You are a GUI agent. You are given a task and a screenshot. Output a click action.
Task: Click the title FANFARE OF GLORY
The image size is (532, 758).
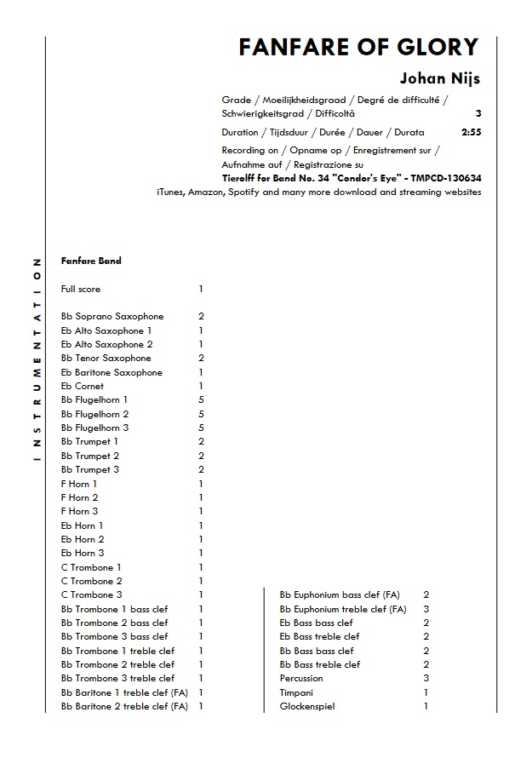pos(358,47)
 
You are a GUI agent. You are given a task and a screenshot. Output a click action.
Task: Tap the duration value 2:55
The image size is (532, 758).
pos(471,133)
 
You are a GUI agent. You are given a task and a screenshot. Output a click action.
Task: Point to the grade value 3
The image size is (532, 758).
pos(478,113)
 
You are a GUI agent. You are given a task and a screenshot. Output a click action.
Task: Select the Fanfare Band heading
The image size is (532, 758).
pos(91,261)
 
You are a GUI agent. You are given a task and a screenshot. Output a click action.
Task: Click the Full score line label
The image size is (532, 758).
pos(81,290)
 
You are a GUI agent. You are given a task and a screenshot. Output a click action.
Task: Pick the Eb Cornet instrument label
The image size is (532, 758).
pos(83,386)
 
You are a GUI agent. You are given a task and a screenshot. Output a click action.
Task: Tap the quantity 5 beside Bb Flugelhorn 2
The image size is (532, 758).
pos(201,414)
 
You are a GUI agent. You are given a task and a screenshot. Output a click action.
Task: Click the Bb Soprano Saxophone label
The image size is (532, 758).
pos(112,317)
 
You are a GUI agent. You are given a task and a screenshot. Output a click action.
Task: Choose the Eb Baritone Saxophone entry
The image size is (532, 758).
pos(112,372)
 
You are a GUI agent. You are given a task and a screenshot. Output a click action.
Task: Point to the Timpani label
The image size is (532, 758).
pos(297,692)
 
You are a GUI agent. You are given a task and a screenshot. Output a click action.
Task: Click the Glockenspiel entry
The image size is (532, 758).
pos(306,706)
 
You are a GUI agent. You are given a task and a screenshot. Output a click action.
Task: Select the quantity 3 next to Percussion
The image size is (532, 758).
pos(426,679)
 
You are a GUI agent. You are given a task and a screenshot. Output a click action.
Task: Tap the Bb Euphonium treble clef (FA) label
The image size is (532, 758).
pos(343,609)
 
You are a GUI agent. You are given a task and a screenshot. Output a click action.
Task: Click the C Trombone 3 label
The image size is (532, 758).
pos(92,594)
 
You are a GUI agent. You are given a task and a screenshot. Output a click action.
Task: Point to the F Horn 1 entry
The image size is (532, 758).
pos(79,484)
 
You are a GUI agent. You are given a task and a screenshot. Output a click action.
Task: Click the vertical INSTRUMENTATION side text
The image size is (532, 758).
pos(37,359)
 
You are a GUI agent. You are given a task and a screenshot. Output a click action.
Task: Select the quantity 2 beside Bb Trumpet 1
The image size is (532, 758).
pos(201,442)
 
